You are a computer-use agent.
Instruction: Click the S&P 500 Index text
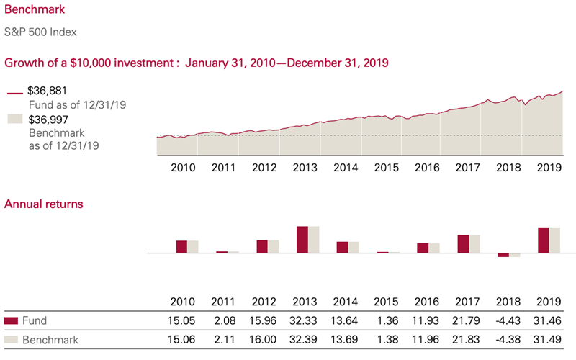[x=41, y=32]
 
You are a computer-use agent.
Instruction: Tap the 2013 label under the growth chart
[x=306, y=168]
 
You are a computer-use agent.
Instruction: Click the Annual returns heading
[x=44, y=204]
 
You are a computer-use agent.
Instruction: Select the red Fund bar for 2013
[x=302, y=240]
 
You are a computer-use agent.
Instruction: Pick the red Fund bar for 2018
[x=503, y=255]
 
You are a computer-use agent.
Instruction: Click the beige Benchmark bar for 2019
[x=554, y=240]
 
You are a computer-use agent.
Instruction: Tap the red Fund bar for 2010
[x=181, y=247]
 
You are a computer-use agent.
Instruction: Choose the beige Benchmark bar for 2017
[x=474, y=244]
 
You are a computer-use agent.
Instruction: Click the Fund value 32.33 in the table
[x=306, y=321]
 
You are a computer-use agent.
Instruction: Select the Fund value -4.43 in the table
[x=508, y=321]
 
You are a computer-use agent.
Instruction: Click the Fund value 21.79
[x=467, y=321]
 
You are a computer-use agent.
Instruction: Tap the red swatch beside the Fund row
[x=11, y=321]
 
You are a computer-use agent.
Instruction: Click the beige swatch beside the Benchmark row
[x=11, y=340]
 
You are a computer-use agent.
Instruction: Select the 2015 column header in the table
[x=387, y=301]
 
